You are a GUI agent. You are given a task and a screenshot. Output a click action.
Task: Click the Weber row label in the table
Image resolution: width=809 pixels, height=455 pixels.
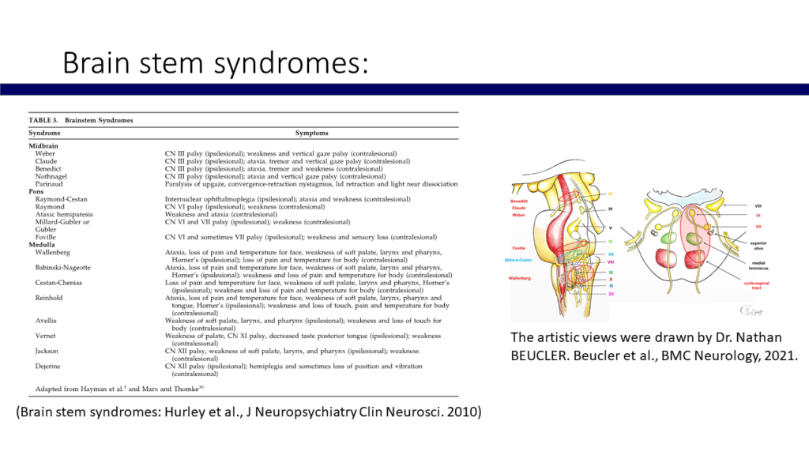coord(45,152)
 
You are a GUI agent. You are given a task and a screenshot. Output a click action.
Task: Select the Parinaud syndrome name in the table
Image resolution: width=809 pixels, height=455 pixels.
coord(50,184)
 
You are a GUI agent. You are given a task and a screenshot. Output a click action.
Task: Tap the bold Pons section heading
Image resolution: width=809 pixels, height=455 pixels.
coord(36,192)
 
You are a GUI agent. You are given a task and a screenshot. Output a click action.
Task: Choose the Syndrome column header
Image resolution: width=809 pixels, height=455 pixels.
coord(45,133)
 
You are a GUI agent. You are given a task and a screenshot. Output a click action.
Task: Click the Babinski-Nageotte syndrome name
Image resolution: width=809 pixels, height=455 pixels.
coord(64,266)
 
